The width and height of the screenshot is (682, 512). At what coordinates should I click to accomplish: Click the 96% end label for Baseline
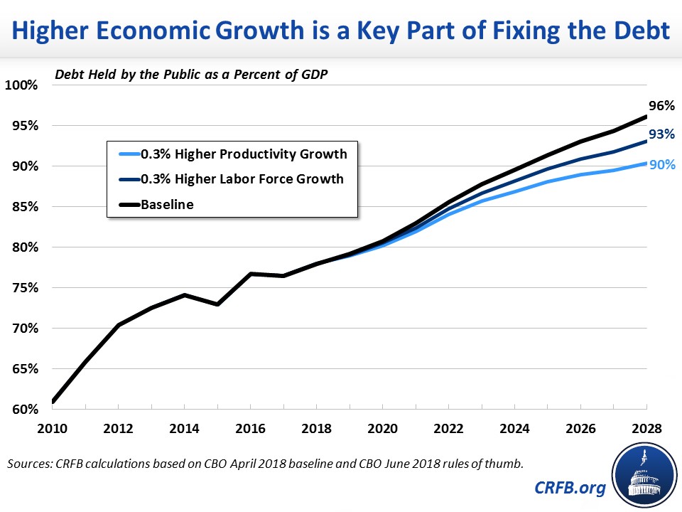[x=661, y=106]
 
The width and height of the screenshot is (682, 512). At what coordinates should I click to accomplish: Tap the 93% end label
[x=661, y=134]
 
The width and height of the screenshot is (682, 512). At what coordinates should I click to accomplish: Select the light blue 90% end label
[x=661, y=165]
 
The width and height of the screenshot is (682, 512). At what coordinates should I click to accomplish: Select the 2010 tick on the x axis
[x=53, y=430]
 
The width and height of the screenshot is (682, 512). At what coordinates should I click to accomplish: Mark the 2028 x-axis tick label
[x=644, y=430]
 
